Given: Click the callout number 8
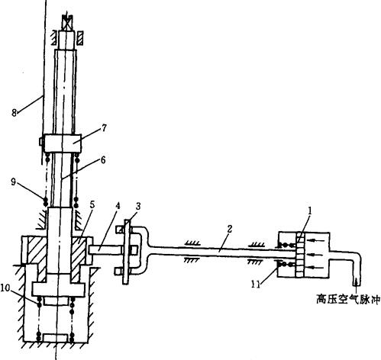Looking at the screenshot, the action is [15, 112].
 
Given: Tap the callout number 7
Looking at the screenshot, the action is [104, 127].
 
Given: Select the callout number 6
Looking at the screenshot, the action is [103, 160].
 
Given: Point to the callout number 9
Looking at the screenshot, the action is [14, 182].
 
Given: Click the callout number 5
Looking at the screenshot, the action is [92, 204].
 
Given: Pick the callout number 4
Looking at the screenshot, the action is [118, 206].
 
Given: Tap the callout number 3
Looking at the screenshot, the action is [137, 206].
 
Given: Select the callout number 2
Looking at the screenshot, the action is [229, 229].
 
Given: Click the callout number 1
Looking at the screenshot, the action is [310, 211].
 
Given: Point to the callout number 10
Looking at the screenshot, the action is [5, 288].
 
